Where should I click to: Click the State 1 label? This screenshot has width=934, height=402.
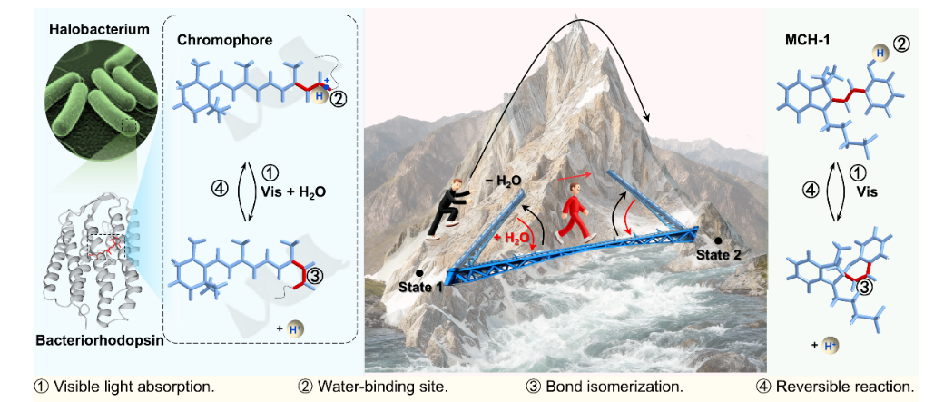tap(419, 287)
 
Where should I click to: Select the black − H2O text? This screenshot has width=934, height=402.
tap(501, 175)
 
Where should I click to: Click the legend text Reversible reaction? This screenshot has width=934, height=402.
tap(844, 387)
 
